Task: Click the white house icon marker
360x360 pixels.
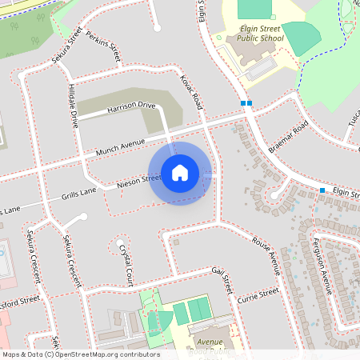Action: pyautogui.click(x=180, y=173)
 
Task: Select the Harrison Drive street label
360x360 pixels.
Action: pyautogui.click(x=130, y=106)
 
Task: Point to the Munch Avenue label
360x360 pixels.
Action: pyautogui.click(x=120, y=144)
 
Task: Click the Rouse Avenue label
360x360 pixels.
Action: pyautogui.click(x=266, y=256)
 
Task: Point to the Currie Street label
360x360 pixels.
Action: pyautogui.click(x=258, y=298)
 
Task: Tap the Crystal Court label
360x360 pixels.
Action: pyautogui.click(x=126, y=266)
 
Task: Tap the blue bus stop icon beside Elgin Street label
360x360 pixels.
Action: pyautogui.click(x=322, y=190)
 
